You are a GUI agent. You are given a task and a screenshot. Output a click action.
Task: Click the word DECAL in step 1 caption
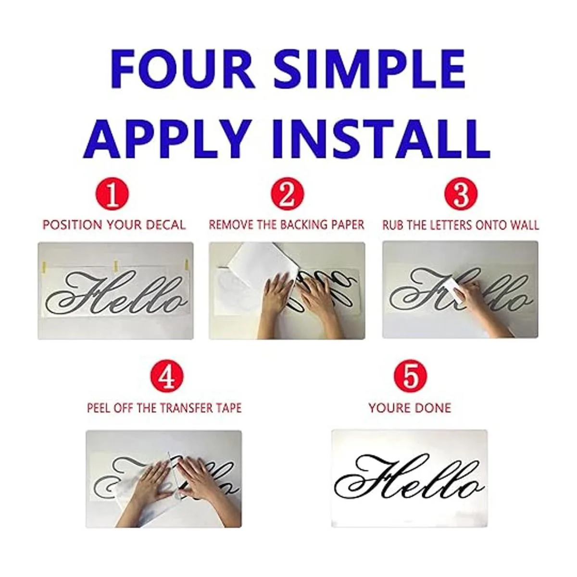[166, 225]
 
